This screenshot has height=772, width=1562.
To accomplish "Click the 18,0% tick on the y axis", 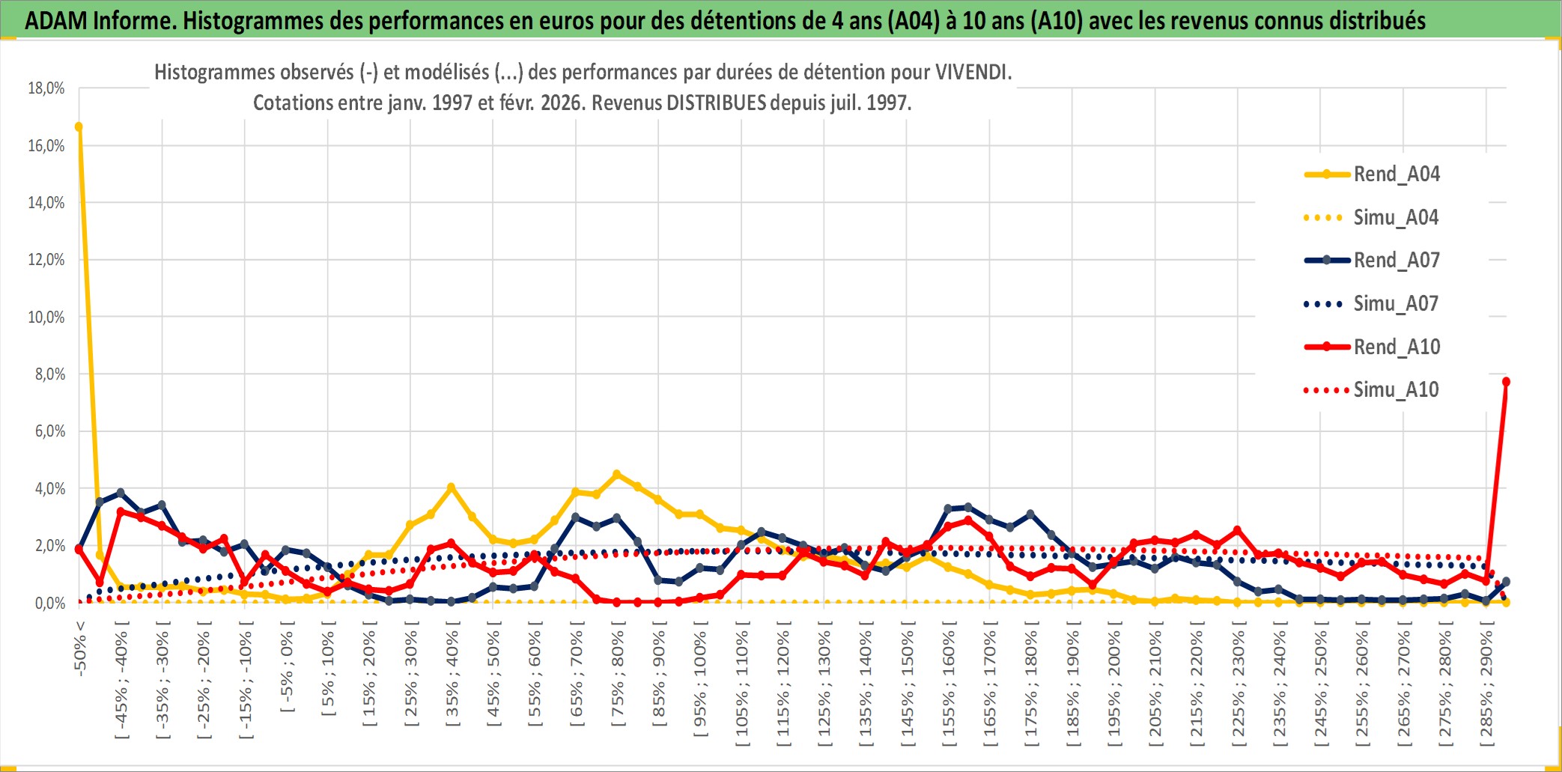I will tap(46, 88).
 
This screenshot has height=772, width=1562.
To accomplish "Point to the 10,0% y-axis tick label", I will tap(46, 317).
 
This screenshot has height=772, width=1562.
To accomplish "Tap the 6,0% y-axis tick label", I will tap(49, 431).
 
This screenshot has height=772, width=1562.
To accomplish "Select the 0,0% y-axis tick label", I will tap(49, 604).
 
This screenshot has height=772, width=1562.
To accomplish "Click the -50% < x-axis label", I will tap(80, 648).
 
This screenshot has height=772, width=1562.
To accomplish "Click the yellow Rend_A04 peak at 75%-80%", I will tap(617, 474).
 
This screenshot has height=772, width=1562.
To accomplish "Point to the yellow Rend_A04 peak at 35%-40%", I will tap(451, 487).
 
